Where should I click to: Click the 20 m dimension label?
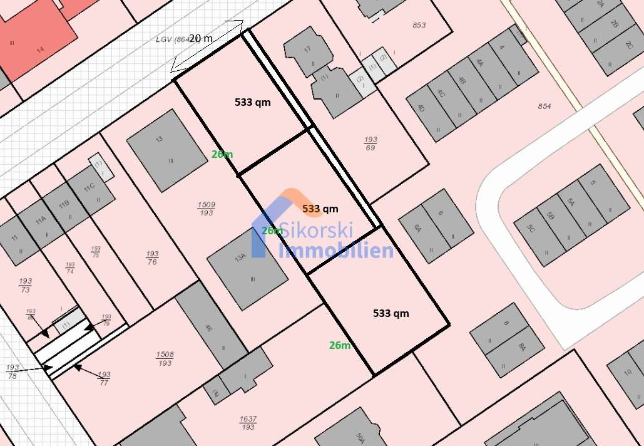(200, 38)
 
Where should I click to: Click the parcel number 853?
(419, 25)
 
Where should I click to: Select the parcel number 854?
(544, 106)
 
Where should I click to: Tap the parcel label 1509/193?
(206, 209)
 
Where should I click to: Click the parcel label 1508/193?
(165, 359)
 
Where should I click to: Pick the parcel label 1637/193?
(248, 423)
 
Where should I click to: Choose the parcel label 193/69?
(371, 143)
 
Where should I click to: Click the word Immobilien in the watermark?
(335, 251)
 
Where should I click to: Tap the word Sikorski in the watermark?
(316, 230)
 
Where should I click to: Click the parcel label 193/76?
(152, 257)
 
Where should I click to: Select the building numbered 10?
(628, 371)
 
